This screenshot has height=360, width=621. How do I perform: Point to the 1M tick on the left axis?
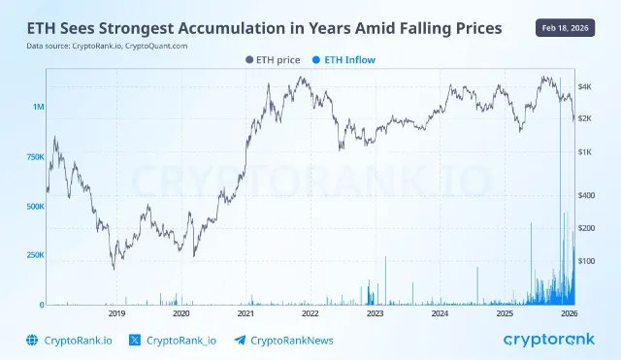click(38, 107)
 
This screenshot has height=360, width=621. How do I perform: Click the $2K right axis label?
click(585, 118)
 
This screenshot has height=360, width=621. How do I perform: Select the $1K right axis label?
click(585, 152)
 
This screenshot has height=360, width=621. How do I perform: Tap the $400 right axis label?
click(586, 195)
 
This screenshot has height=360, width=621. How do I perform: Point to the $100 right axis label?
click(586, 261)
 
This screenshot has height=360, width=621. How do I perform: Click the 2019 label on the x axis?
click(116, 314)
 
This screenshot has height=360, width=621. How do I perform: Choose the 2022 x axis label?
click(310, 314)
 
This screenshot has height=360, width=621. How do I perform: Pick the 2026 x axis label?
click(569, 314)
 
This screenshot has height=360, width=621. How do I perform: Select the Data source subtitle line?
click(107, 46)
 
